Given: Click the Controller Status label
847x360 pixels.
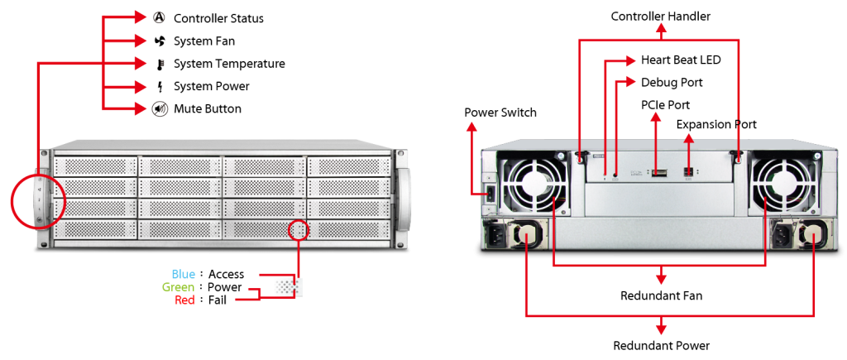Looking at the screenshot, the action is click(218, 18).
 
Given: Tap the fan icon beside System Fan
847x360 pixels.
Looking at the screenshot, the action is click(158, 41).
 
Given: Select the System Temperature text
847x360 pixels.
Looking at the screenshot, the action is click(229, 64).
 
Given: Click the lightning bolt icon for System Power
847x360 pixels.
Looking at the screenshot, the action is click(159, 87).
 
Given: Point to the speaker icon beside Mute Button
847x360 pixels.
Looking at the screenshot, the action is click(158, 108).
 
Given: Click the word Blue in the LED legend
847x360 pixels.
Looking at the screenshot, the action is click(183, 274).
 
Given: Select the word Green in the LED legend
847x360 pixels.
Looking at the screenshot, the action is click(179, 286).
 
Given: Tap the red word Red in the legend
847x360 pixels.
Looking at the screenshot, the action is click(184, 300).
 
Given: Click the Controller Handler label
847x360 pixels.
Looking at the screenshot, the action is click(660, 17).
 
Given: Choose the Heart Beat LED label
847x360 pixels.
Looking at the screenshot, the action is click(681, 60).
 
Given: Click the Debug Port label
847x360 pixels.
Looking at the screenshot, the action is click(672, 82).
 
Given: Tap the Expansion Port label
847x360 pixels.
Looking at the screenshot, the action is click(716, 124).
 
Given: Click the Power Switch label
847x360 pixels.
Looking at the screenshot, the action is click(500, 113).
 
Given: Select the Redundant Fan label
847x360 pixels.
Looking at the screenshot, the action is click(661, 295).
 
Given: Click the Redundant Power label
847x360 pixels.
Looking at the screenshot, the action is click(661, 345).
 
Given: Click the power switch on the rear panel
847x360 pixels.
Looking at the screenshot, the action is click(491, 194).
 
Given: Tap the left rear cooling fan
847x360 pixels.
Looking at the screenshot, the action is click(532, 183).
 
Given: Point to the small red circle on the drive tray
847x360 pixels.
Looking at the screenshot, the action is click(299, 230).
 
